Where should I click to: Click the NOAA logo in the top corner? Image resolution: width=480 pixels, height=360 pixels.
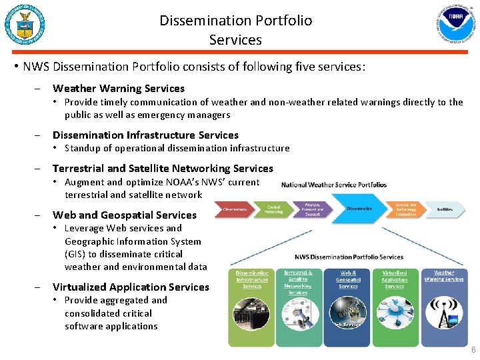pos(459,24)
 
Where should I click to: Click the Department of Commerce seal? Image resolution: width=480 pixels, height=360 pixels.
pos(25,24)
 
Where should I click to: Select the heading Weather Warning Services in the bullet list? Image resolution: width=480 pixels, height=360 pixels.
pos(119,88)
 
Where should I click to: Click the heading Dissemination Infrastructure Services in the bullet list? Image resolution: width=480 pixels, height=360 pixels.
pos(145,135)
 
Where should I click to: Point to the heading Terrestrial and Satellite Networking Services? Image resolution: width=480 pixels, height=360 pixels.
pos(163,168)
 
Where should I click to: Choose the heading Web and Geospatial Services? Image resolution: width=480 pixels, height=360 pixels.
pos(125,215)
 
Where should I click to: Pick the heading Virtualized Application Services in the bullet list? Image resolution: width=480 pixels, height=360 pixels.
pos(131,287)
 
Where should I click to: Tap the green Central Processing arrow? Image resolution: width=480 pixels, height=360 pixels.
pos(273,209)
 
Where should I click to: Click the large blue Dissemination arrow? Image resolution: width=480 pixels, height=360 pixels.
pos(360,209)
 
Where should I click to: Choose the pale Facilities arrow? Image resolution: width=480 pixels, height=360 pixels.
pos(445,209)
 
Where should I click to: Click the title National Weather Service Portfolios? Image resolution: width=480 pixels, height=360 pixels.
pos(334,185)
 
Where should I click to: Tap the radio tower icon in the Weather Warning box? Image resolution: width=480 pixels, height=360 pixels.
pos(444,317)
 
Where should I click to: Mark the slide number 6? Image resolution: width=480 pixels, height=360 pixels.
pos(473,351)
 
